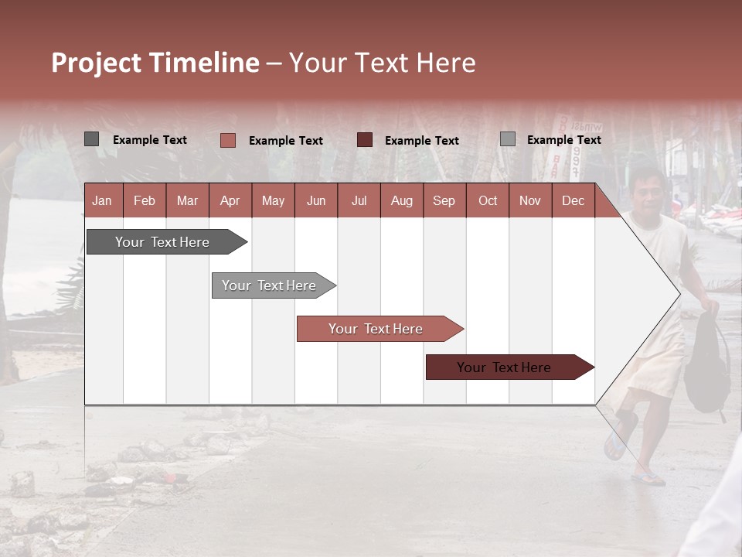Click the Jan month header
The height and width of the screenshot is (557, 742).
tap(103, 200)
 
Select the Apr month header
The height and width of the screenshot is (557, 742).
tap(230, 200)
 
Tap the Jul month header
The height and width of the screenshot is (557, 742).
tap(359, 200)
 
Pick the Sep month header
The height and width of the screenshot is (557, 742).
tap(444, 200)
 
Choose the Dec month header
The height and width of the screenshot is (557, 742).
tap(573, 200)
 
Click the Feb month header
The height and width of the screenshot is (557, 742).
tap(145, 200)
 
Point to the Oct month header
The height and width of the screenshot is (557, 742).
tap(488, 200)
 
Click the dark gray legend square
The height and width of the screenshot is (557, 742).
tap(91, 139)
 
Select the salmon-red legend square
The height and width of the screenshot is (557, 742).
tap(227, 140)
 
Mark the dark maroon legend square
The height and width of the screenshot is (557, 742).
tap(365, 140)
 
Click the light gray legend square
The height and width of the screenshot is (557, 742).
tap(507, 139)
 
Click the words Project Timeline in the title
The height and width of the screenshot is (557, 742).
tap(155, 63)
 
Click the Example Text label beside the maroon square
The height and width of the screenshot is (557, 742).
tap(422, 141)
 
